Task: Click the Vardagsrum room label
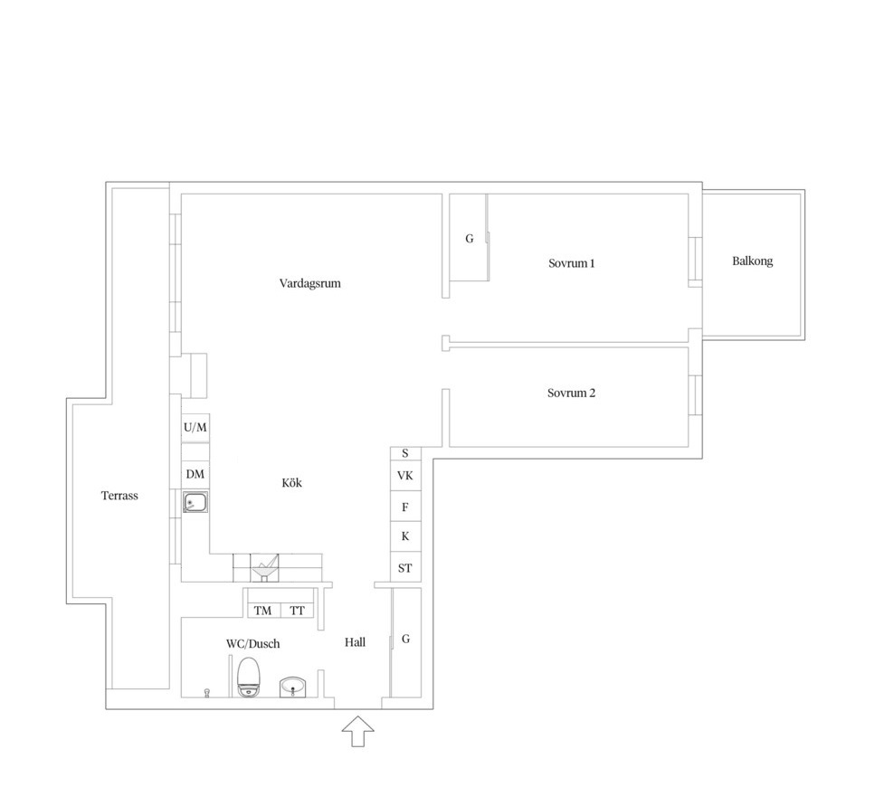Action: coord(309,283)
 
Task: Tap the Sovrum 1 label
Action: coord(571,263)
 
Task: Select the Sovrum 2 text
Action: coord(571,393)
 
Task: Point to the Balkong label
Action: coord(753,261)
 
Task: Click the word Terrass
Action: coord(119,495)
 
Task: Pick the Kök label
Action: coord(292,483)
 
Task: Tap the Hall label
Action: coord(356,642)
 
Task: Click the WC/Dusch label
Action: coord(253,643)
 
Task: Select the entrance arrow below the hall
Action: coord(358,731)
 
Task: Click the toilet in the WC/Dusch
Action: coord(249,677)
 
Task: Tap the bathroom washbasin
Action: coord(293,687)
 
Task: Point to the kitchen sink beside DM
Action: coord(195,503)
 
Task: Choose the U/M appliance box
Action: coord(195,427)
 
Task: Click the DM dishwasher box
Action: coord(195,474)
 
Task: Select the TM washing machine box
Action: coord(262,611)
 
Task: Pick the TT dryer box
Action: coord(297,611)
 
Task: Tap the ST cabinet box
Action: coord(405,567)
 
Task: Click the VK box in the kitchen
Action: coord(405,475)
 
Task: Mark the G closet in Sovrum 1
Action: coord(469,238)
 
